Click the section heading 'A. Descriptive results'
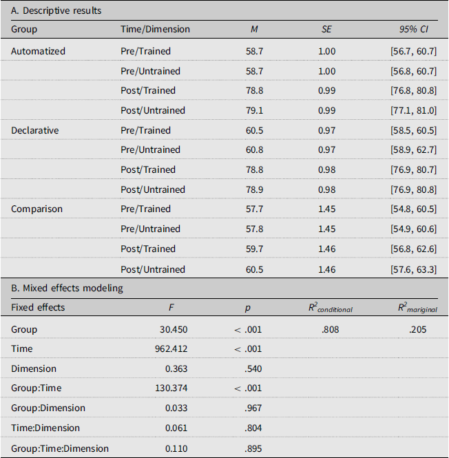tap(56, 11)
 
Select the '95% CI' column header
tap(414, 29)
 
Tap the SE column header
tap(326, 29)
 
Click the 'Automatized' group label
tap(38, 51)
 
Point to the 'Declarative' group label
tap(34, 130)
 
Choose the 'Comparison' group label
tap(36, 209)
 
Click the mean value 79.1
tap(254, 110)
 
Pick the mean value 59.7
tap(254, 249)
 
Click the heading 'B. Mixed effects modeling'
tap(67, 289)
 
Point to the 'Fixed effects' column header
tap(38, 307)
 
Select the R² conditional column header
tap(331, 308)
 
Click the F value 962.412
tap(171, 348)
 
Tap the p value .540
tap(253, 368)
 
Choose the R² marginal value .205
tap(418, 329)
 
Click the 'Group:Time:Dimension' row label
tap(60, 448)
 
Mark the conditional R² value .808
tap(331, 329)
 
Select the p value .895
tap(253, 448)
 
